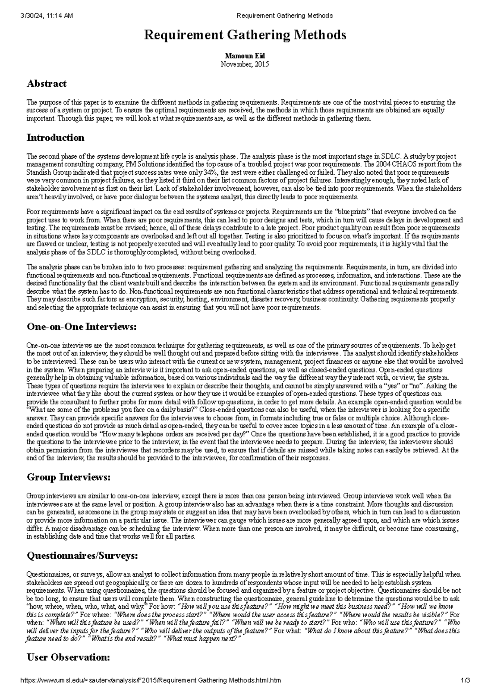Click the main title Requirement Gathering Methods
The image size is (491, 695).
click(x=245, y=36)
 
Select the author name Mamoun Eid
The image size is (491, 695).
click(x=245, y=56)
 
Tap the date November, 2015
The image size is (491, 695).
click(x=245, y=64)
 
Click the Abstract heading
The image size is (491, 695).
click(x=46, y=84)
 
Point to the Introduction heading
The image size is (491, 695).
click(x=55, y=138)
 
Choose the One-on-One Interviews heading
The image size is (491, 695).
click(x=81, y=327)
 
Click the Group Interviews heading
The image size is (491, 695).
click(x=68, y=477)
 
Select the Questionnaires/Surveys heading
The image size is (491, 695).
click(x=82, y=556)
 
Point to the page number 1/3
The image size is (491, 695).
click(x=465, y=681)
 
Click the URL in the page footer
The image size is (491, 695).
click(x=151, y=681)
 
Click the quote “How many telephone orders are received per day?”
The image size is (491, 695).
click(x=174, y=434)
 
